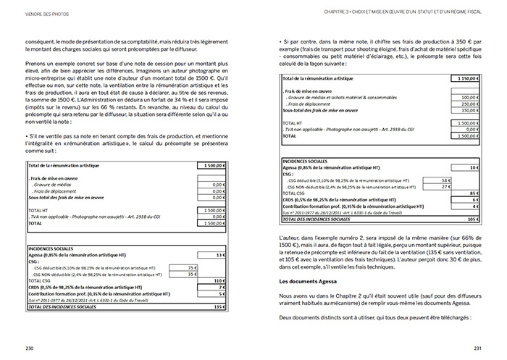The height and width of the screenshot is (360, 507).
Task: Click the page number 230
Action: pos(30,348)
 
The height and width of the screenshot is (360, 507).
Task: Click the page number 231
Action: pos(477,348)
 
